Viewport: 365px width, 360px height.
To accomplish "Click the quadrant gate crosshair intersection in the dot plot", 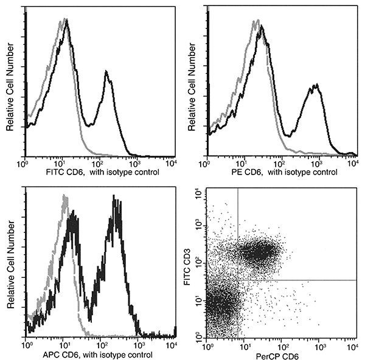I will click(237, 280).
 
